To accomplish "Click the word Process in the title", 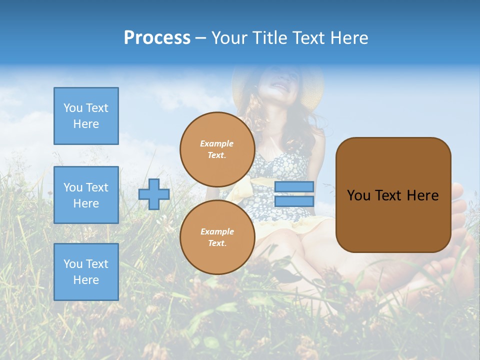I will point(157,38).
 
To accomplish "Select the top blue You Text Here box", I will point(86,116).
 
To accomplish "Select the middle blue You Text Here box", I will point(86,195).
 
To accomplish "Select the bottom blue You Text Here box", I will point(86,272).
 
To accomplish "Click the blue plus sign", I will point(154,194).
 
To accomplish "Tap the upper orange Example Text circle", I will point(217,149).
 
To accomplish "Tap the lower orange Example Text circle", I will point(217,237).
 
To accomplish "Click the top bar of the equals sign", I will point(294,186).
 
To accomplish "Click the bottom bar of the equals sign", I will point(294,201).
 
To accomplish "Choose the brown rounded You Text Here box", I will point(393,195).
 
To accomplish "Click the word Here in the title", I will point(349,38).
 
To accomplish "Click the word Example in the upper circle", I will point(217,143).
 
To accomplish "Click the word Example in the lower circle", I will point(217,231).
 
